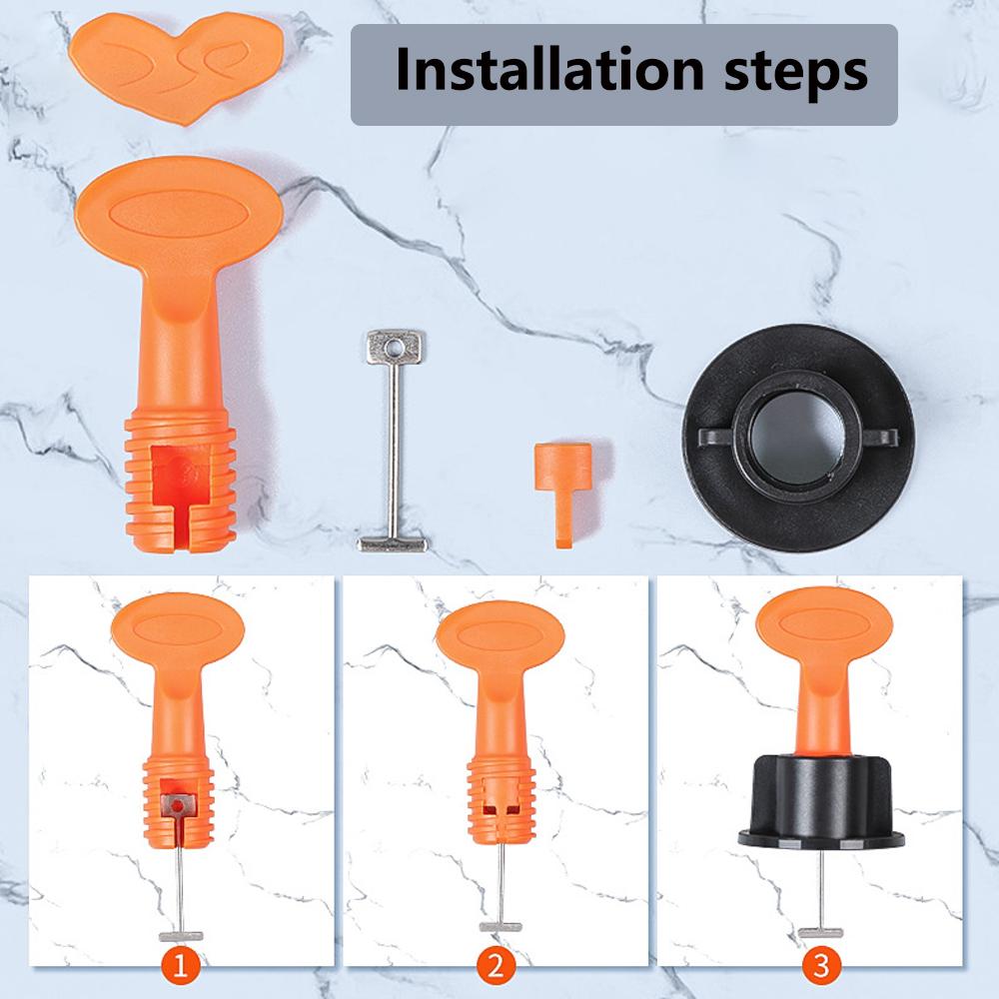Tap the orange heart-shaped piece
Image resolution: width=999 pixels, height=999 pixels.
coord(176,66)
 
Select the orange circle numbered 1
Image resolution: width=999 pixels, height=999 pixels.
coord(180,966)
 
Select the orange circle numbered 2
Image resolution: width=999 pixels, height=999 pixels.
coord(496,966)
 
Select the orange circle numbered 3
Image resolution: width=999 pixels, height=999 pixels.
coord(820,966)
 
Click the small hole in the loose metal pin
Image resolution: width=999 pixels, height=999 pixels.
coord(395,348)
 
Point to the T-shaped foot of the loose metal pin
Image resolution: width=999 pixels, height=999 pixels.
coord(393,544)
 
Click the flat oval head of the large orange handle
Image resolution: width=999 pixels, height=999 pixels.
coord(179,210)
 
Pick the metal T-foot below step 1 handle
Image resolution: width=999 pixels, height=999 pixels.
coord(181,937)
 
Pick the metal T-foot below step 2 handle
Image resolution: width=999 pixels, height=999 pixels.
coord(500,926)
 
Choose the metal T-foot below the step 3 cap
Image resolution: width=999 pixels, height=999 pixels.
coord(820,933)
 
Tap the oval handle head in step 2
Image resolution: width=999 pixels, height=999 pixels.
coord(500,635)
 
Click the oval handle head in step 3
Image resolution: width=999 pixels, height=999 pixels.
coord(823,622)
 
